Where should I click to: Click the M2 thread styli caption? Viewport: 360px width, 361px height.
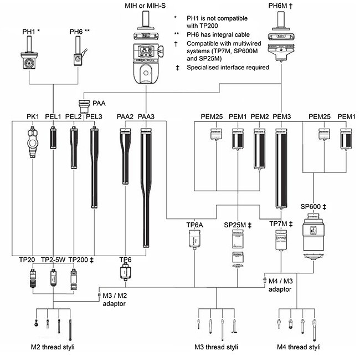(53, 347)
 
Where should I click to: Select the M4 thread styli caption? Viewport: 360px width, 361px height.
(298, 347)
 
